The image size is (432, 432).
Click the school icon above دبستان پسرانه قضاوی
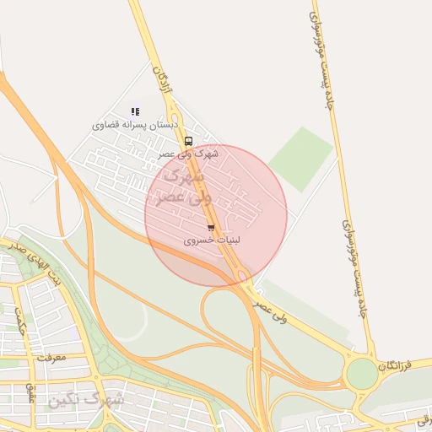(x=135, y=111)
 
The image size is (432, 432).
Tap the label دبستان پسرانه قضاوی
(x=135, y=125)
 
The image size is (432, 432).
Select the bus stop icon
(x=188, y=142)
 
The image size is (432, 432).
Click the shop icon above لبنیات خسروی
(x=211, y=228)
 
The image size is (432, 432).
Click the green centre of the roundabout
(x=362, y=374)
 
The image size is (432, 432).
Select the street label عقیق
(x=31, y=392)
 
